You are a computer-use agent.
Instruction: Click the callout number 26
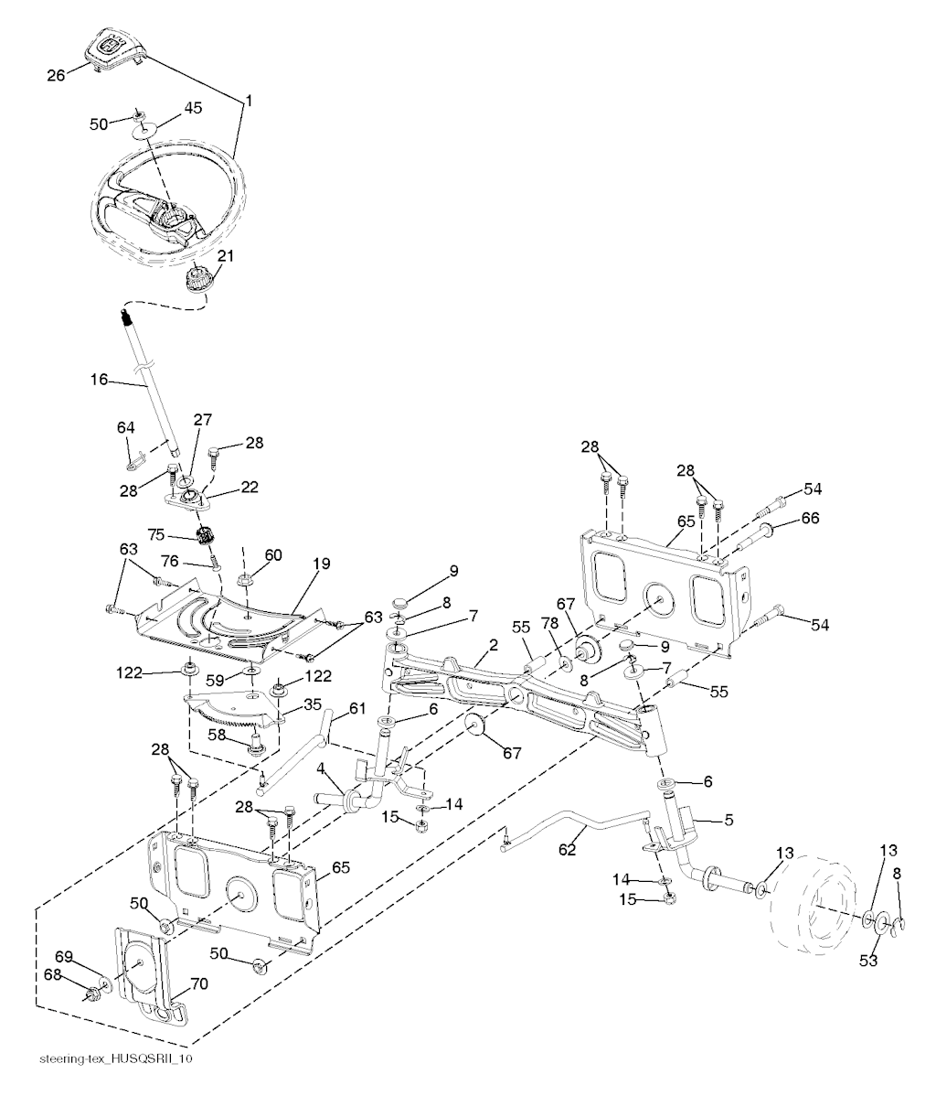point(56,76)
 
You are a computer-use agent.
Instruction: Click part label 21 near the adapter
point(223,257)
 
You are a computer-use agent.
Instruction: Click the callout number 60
point(273,554)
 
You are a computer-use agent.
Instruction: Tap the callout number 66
point(810,518)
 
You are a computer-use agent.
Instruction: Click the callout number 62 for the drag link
point(569,849)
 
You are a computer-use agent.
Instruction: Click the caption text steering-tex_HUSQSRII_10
point(116,1058)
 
